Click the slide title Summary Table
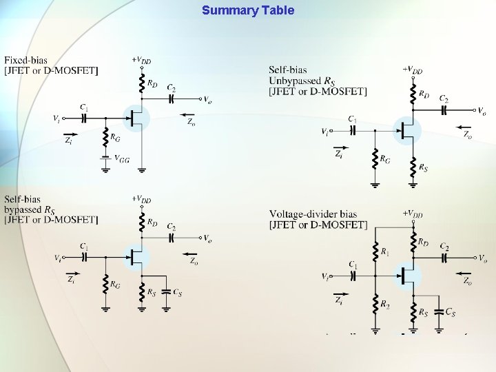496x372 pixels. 248,10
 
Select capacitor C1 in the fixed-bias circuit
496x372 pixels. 83,117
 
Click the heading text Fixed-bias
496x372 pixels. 26,61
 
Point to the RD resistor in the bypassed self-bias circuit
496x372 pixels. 142,223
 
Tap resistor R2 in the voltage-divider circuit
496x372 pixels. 375,303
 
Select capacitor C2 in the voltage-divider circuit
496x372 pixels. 444,257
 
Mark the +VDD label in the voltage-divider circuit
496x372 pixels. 413,214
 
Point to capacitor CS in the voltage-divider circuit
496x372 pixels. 441,313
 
